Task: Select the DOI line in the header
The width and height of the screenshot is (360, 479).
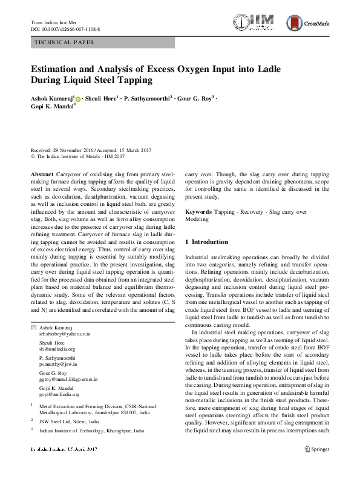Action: [x=65, y=29]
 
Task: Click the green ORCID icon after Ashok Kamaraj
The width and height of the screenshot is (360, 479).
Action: [x=78, y=97]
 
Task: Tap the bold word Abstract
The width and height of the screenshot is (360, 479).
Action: [x=42, y=173]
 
